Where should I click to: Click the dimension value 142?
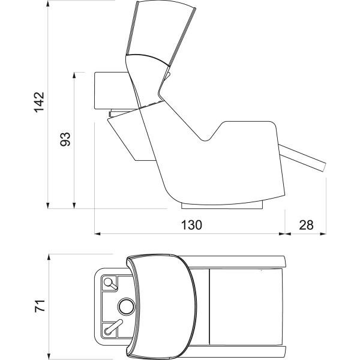(39, 102)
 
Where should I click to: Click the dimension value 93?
(65, 139)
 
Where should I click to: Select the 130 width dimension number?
(192, 225)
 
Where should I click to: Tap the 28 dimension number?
(306, 225)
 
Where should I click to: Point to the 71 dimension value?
(40, 306)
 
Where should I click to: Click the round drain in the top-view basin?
(126, 307)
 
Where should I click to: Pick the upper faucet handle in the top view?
(110, 284)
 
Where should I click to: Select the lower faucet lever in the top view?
(113, 327)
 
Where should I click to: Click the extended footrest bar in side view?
(302, 158)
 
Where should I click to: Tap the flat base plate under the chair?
(222, 206)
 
